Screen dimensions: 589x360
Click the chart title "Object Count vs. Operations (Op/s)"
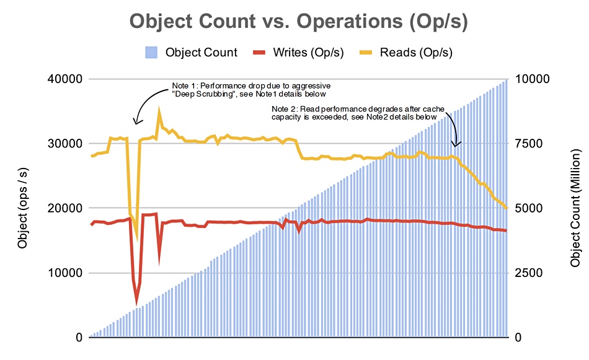tap(299, 21)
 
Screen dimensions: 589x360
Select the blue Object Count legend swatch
tap(151, 53)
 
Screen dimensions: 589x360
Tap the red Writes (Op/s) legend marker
tap(259, 53)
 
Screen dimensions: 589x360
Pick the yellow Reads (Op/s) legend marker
tap(366, 53)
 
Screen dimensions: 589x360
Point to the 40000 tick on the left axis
tap(65, 79)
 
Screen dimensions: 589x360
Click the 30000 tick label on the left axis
tap(65, 144)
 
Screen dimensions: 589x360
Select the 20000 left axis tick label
tap(65, 208)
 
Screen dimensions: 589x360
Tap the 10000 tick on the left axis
tap(65, 273)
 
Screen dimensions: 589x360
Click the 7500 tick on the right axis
tap(529, 144)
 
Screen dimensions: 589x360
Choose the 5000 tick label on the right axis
tap(529, 208)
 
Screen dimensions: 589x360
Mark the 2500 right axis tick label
tap(529, 273)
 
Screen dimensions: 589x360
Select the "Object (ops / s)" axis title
tap(22, 208)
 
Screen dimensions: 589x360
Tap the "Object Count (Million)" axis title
tap(575, 208)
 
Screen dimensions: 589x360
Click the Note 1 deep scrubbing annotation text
tap(251, 90)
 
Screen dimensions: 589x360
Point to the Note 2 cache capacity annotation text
tap(358, 113)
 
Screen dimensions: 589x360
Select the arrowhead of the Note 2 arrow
tap(456, 144)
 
